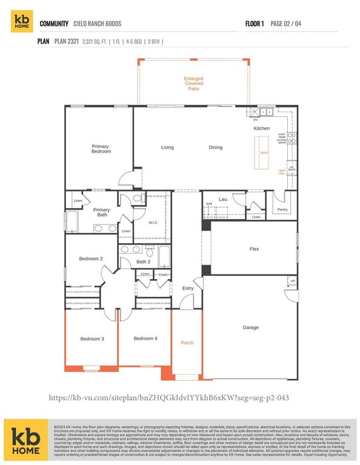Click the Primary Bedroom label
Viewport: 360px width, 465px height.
101,148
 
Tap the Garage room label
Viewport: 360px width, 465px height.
250,328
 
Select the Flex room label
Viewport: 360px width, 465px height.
255,249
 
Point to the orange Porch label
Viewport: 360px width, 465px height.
187,343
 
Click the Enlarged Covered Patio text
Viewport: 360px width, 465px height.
194,84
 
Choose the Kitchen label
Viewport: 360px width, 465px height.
261,128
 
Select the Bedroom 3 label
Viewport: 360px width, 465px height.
93,339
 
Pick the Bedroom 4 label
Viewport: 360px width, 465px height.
145,338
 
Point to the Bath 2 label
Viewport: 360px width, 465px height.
143,262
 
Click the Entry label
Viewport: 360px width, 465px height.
188,288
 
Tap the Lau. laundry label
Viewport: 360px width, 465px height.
223,199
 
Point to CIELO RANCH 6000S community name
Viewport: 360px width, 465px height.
102,24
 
